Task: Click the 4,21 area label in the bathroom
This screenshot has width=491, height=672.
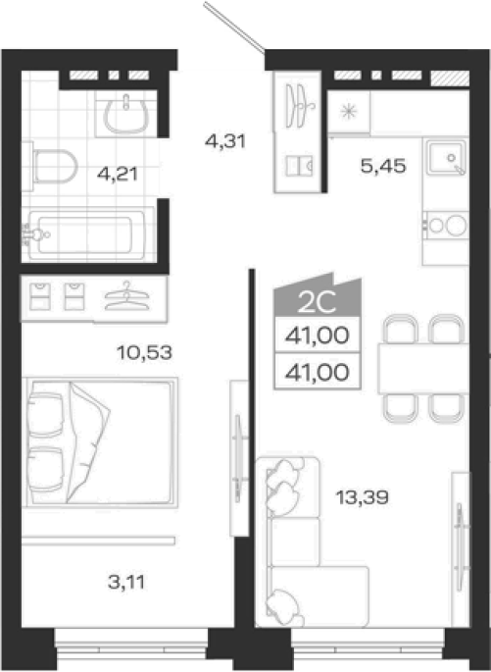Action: click(118, 174)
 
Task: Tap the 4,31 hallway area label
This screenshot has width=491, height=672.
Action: click(225, 141)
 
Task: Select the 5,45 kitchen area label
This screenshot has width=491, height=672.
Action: click(382, 166)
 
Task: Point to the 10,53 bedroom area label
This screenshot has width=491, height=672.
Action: click(144, 353)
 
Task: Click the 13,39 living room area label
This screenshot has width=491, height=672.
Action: click(363, 497)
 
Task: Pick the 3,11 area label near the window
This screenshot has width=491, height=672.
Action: click(126, 582)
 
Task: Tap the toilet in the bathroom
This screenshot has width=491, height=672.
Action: click(50, 167)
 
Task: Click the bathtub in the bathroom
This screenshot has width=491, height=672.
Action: click(88, 234)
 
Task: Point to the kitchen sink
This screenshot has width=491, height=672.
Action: click(446, 157)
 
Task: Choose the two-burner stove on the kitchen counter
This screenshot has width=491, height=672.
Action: click(446, 225)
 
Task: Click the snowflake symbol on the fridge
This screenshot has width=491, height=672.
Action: click(349, 112)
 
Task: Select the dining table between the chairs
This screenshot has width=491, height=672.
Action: click(423, 368)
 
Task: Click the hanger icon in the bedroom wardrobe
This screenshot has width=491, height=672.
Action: click(126, 295)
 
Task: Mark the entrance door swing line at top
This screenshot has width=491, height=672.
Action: click(234, 27)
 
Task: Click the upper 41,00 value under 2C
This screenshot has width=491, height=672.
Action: click(318, 336)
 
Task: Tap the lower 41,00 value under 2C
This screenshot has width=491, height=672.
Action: click(318, 372)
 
